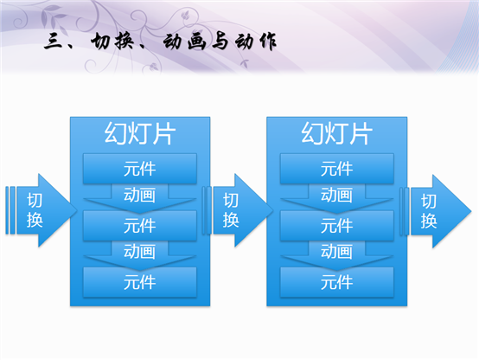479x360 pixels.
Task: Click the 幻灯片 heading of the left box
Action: pyautogui.click(x=140, y=133)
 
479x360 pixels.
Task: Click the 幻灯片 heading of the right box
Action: pyautogui.click(x=336, y=133)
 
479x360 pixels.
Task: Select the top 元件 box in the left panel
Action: pyautogui.click(x=140, y=169)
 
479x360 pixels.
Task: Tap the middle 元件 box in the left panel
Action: pyautogui.click(x=140, y=226)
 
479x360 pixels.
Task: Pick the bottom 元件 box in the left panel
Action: pyautogui.click(x=140, y=282)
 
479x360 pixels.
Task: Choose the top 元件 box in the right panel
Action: pyautogui.click(x=336, y=169)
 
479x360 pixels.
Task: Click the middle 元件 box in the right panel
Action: pyautogui.click(x=336, y=226)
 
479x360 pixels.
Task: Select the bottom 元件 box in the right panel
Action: pyautogui.click(x=336, y=282)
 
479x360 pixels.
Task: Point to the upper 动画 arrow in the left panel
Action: pyautogui.click(x=140, y=198)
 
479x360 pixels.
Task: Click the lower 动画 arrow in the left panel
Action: pyautogui.click(x=140, y=254)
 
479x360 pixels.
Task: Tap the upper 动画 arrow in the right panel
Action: pyautogui.click(x=336, y=198)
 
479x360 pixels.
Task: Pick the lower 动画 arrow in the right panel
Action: pyautogui.click(x=336, y=254)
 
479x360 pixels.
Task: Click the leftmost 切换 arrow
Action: pyautogui.click(x=42, y=210)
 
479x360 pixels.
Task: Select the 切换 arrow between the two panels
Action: pyautogui.click(x=238, y=210)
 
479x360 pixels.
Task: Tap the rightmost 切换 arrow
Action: pyautogui.click(x=436, y=211)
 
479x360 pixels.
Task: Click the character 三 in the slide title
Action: pyautogui.click(x=54, y=42)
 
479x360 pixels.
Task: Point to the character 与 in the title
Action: pyautogui.click(x=220, y=42)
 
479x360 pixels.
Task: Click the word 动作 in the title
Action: pyautogui.click(x=256, y=42)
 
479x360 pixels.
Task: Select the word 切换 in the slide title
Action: pyautogui.click(x=112, y=42)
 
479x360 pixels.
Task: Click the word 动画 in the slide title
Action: pyautogui.click(x=184, y=42)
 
